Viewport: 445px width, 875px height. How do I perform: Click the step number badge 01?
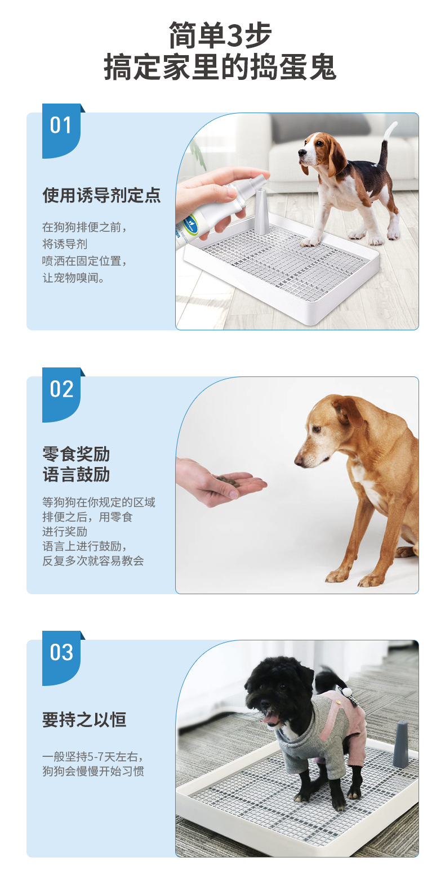61,131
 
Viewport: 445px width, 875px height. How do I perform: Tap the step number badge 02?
61,394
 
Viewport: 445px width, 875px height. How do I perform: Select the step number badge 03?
61,658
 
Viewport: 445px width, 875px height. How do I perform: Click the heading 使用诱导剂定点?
101,195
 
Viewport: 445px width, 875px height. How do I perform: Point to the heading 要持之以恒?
84,720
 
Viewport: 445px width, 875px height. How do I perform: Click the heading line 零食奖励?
76,454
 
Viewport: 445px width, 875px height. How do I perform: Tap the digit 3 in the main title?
235,35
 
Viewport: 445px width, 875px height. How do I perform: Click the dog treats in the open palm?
228,480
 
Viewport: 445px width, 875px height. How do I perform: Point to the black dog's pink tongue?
269,719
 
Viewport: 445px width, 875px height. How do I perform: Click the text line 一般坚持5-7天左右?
93,757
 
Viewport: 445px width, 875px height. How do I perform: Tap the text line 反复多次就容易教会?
93,560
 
